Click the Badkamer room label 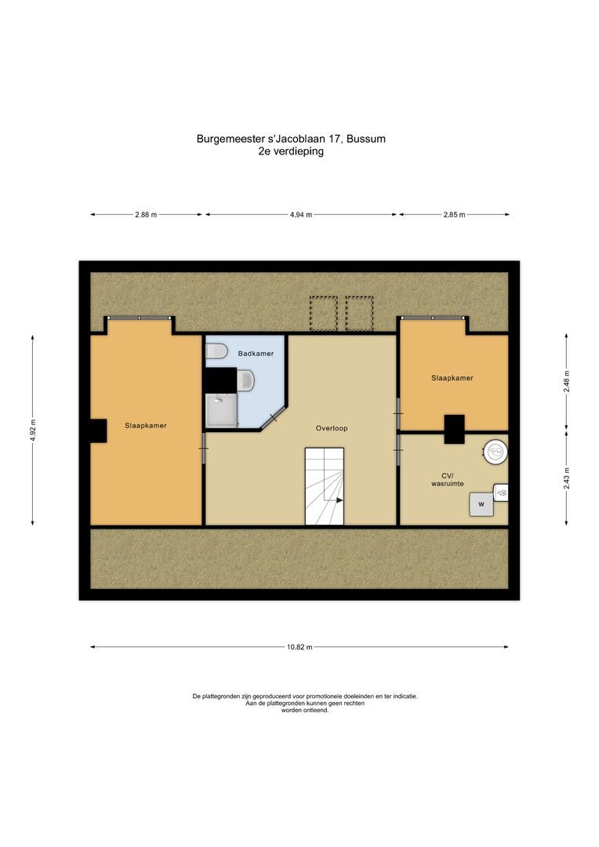(256, 354)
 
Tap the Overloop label (332, 428)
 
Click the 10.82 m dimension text (299, 647)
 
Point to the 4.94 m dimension (300, 215)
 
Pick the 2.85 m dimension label (454, 215)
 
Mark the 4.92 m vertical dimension (32, 431)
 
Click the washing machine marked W (481, 503)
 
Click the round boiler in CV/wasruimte (495, 450)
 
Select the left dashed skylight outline (321, 314)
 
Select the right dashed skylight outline (359, 314)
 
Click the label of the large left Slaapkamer (146, 425)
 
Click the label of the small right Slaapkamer (452, 378)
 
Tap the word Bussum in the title (367, 139)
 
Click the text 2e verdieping (291, 152)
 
